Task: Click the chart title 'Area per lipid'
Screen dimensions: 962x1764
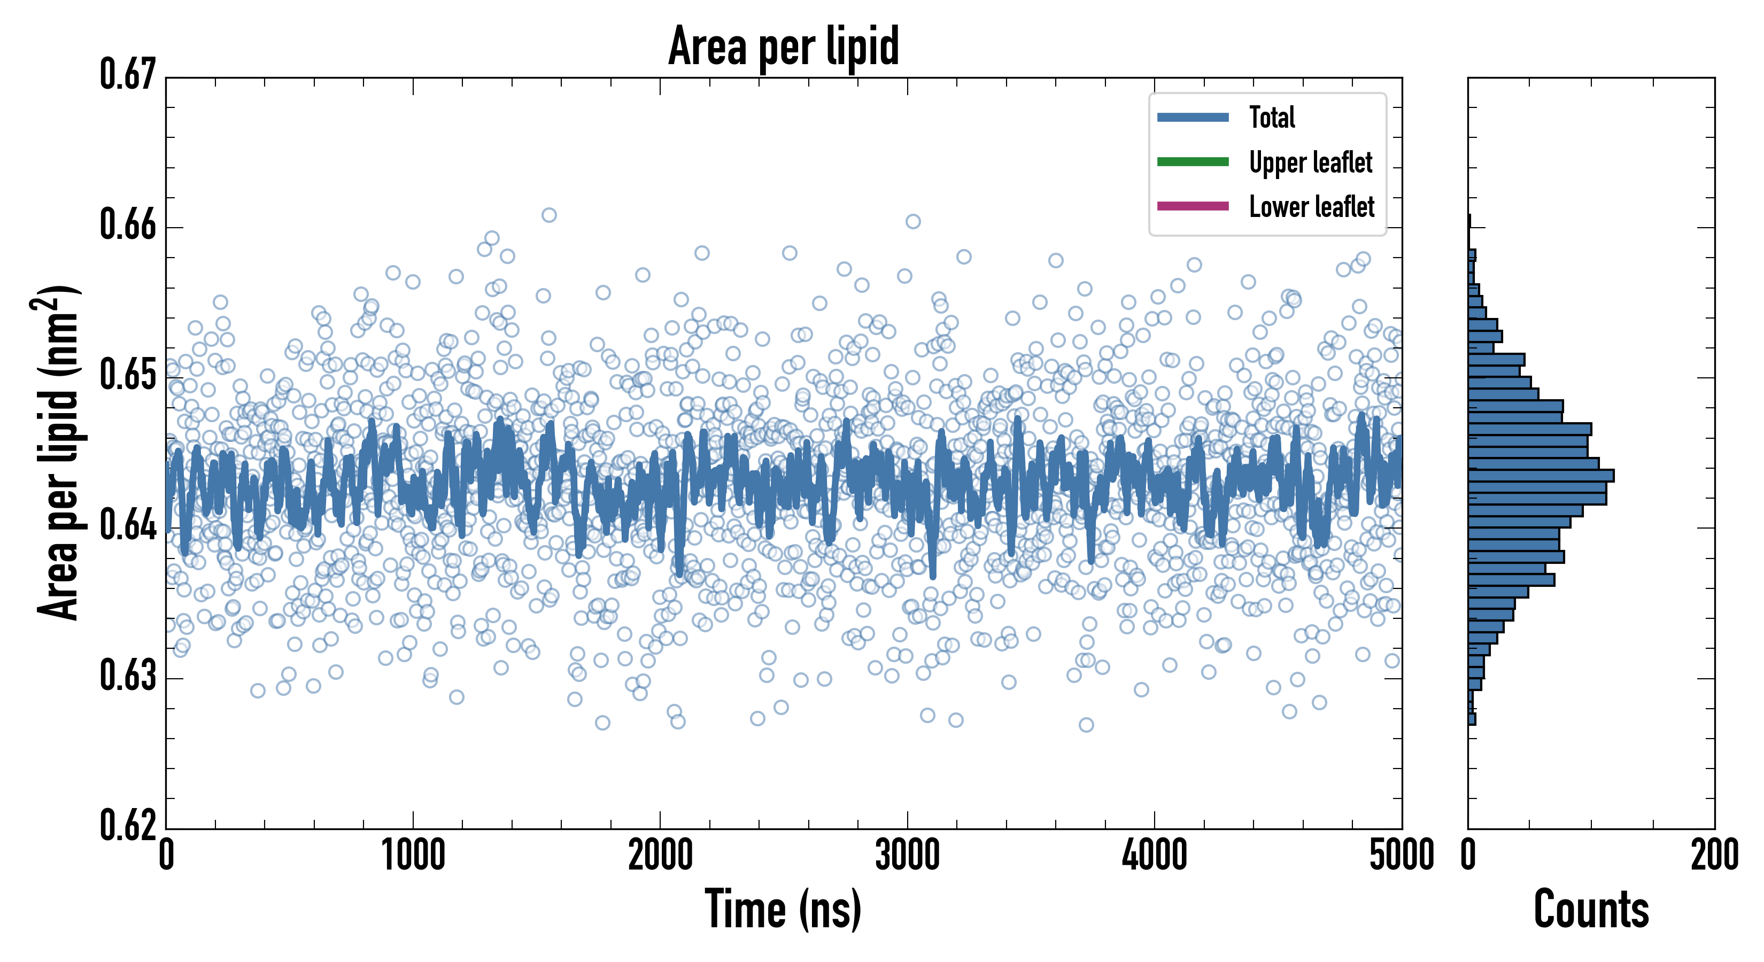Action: [784, 46]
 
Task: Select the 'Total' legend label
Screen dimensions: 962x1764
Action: [1272, 117]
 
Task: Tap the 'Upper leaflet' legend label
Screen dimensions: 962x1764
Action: [1310, 162]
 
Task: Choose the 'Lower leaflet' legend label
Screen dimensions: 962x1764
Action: [1311, 207]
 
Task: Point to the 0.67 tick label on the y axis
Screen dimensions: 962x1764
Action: [128, 75]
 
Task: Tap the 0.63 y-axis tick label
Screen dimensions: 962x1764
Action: [128, 677]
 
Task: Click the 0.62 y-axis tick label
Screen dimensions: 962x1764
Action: [128, 825]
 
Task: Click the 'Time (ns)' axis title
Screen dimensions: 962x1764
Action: [784, 909]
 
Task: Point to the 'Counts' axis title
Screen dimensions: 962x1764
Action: [1591, 909]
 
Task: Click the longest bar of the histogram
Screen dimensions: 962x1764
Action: [1541, 476]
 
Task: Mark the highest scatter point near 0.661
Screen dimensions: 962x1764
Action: [548, 215]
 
